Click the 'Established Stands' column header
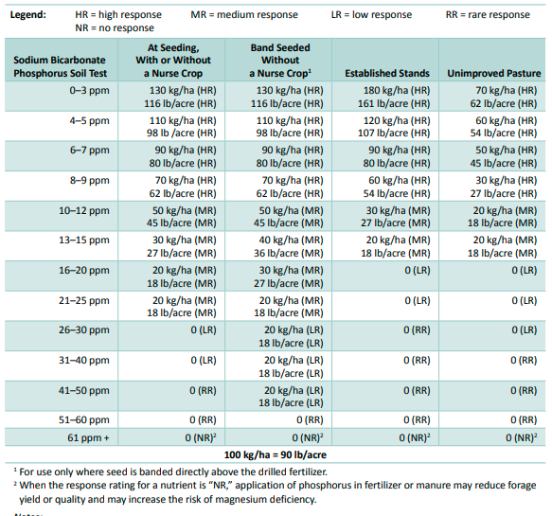[387, 73]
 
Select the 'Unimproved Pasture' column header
[494, 73]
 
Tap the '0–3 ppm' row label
[89, 91]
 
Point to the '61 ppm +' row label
[88, 437]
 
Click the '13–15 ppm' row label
[84, 240]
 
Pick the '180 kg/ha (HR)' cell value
[397, 91]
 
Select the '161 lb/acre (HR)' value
[394, 104]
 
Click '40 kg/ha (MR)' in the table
[291, 240]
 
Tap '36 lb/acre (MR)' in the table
[289, 254]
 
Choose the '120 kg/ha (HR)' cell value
[397, 121]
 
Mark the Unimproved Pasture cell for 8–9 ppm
[504, 187]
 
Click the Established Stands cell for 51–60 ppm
[417, 420]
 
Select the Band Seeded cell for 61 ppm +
[308, 437]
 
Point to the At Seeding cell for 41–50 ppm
[203, 391]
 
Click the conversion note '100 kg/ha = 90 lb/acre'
[276, 454]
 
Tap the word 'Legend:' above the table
[28, 15]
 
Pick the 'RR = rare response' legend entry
[488, 15]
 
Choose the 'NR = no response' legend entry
[115, 27]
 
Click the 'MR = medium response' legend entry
[244, 15]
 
